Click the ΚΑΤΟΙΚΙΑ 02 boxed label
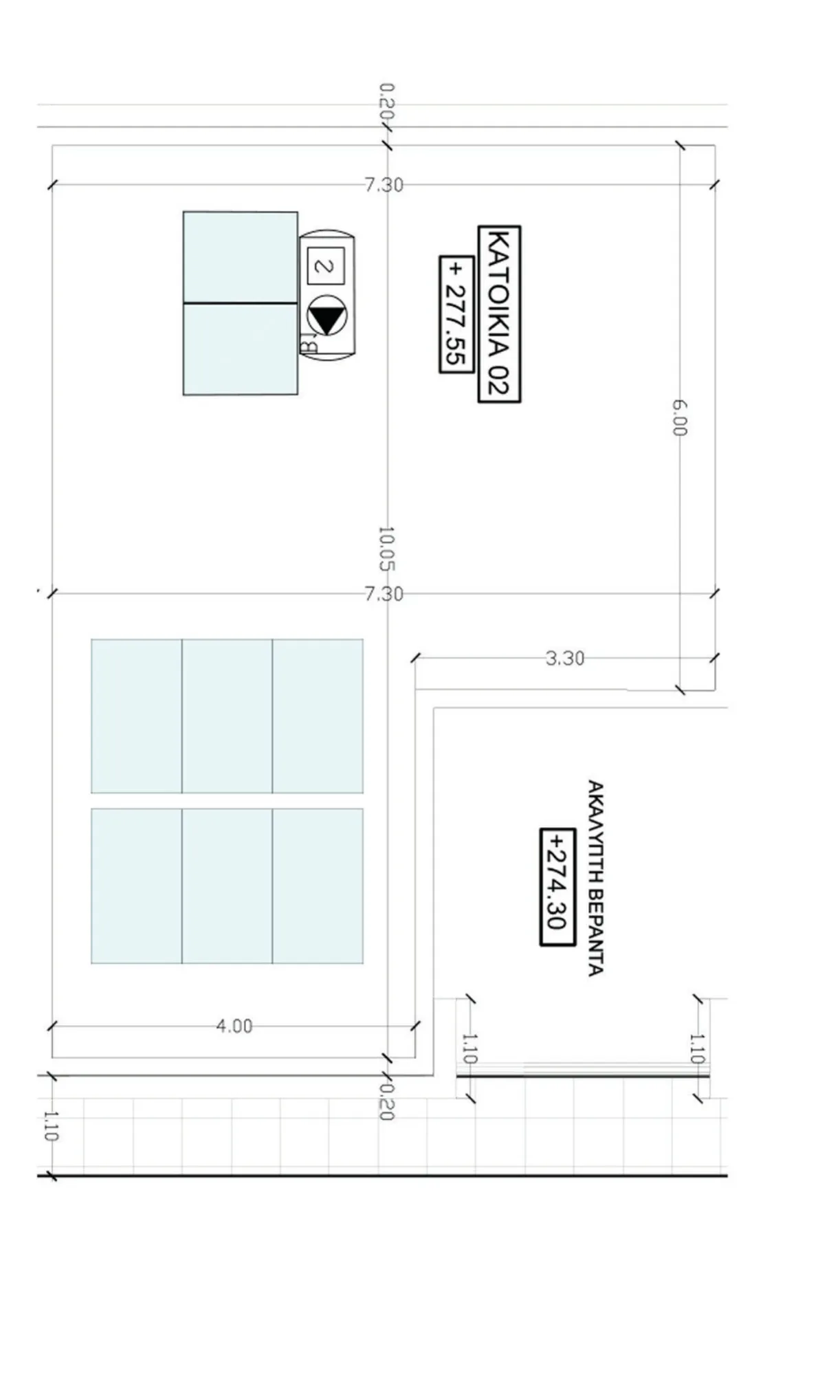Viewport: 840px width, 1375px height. (x=499, y=313)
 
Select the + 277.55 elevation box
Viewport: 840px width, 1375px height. (x=456, y=314)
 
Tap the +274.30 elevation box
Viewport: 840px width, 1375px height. (x=557, y=887)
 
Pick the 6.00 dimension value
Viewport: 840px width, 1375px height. (x=679, y=417)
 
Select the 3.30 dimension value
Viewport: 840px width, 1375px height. (x=565, y=658)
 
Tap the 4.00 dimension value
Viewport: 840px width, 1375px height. (x=234, y=1026)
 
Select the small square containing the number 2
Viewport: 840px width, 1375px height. (x=326, y=265)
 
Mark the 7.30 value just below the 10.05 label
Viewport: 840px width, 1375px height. (x=384, y=594)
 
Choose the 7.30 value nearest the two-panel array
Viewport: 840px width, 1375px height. (x=384, y=185)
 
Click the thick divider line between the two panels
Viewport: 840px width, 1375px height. (x=241, y=302)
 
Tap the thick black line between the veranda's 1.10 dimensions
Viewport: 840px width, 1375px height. (x=583, y=1076)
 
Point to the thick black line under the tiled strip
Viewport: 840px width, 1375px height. (x=382, y=1176)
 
